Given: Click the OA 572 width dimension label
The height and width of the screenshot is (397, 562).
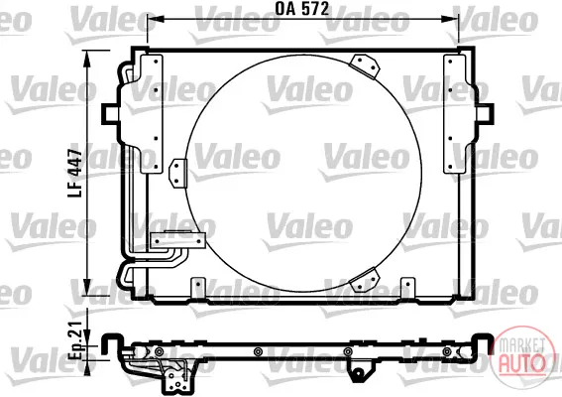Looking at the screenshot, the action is click(x=301, y=9).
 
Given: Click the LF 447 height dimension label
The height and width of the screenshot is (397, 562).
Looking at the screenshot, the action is click(x=75, y=174).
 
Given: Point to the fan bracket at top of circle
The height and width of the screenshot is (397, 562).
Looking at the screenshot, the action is click(x=364, y=66).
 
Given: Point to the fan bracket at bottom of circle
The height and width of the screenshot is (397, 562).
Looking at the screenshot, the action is click(x=364, y=280).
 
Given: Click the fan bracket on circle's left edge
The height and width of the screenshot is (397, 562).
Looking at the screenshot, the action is click(x=178, y=174).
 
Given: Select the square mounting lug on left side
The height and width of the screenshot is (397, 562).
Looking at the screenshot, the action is click(x=110, y=114).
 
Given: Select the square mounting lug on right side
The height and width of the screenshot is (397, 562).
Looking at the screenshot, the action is click(x=485, y=114).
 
